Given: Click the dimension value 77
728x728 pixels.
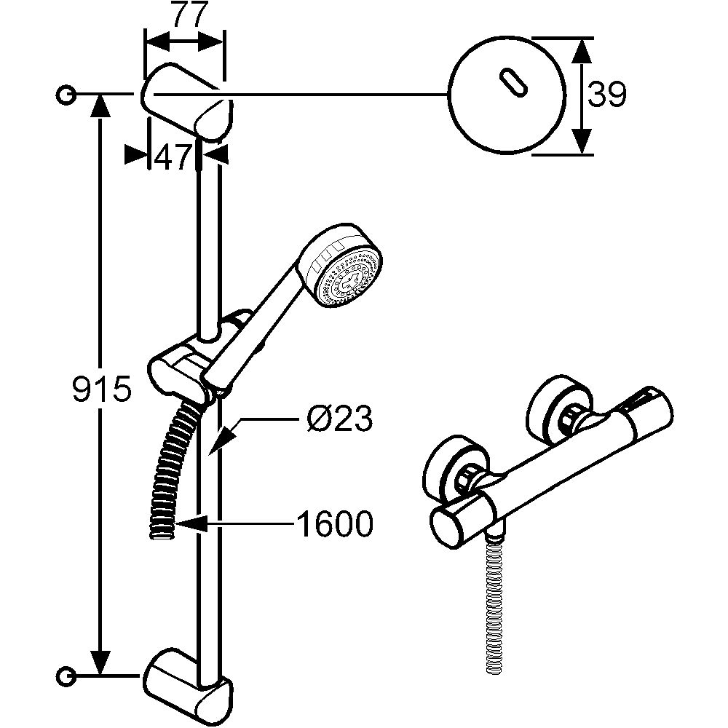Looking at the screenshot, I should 185,15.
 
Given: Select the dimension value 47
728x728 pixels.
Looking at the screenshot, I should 172,157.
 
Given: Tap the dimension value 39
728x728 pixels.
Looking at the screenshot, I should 606,95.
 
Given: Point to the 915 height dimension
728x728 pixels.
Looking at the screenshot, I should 101,391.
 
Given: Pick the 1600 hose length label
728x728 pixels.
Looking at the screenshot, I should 334,522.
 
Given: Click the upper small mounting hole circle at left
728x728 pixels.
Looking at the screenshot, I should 66,95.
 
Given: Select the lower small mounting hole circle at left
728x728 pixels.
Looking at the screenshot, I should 66,676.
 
